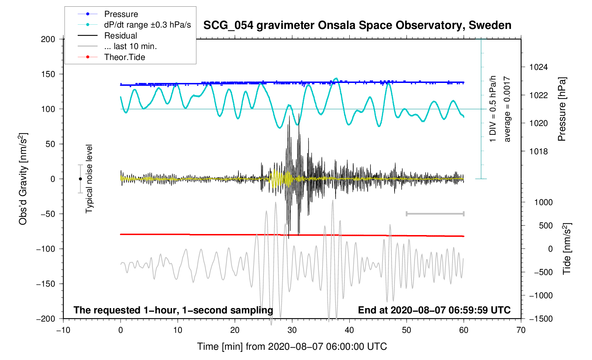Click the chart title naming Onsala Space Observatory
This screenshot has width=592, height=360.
point(357,25)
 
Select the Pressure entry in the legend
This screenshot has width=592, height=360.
point(121,14)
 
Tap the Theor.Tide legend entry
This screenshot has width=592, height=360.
point(125,57)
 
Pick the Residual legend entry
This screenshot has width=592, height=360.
point(121,36)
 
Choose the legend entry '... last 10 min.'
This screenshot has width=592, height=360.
point(130,46)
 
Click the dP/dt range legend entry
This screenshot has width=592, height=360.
point(147,25)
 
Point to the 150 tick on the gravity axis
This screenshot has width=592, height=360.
point(48,74)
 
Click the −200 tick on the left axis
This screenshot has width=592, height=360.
point(46,319)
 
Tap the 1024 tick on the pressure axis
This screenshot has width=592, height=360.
point(538,67)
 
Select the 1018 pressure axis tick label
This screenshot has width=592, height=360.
point(538,151)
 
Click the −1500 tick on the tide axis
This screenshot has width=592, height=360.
point(541,319)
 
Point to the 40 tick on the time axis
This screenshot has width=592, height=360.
point(349,330)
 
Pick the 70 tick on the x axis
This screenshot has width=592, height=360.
point(521,330)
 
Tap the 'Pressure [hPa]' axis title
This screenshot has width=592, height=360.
point(562,109)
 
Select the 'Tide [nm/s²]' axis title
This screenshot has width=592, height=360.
point(567,248)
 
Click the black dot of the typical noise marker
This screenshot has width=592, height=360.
point(81,179)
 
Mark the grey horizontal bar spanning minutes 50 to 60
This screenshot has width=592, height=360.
point(435,214)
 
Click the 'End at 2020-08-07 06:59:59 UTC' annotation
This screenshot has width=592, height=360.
point(434,310)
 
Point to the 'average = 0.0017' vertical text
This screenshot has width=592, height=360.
point(507,109)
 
